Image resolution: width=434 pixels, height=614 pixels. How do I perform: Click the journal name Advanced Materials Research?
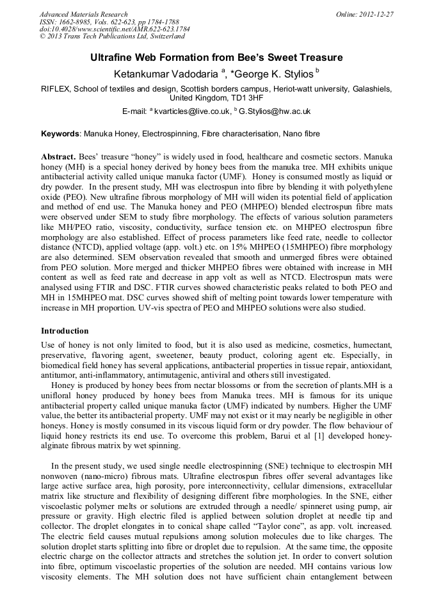pyautogui.click(x=83, y=14)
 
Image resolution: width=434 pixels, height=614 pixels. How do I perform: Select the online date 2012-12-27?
pyautogui.click(x=376, y=14)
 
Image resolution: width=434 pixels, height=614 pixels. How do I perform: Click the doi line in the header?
pyautogui.click(x=115, y=29)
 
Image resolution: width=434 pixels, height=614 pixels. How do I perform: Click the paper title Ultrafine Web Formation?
pyautogui.click(x=216, y=58)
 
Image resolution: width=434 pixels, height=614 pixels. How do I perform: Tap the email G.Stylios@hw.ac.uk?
pyautogui.click(x=265, y=111)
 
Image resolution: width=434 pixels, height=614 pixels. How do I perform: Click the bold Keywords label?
pyautogui.click(x=60, y=134)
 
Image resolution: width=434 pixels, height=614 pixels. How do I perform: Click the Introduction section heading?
pyautogui.click(x=65, y=331)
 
